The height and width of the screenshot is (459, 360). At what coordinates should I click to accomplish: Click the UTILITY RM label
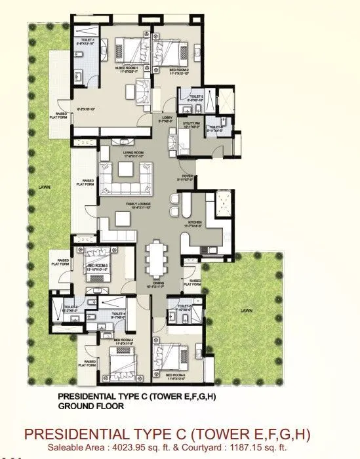pyautogui.click(x=191, y=123)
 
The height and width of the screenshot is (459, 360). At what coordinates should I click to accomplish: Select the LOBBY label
pyautogui.click(x=167, y=118)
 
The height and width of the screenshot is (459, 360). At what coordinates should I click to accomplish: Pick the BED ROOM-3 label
pyautogui.click(x=96, y=265)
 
